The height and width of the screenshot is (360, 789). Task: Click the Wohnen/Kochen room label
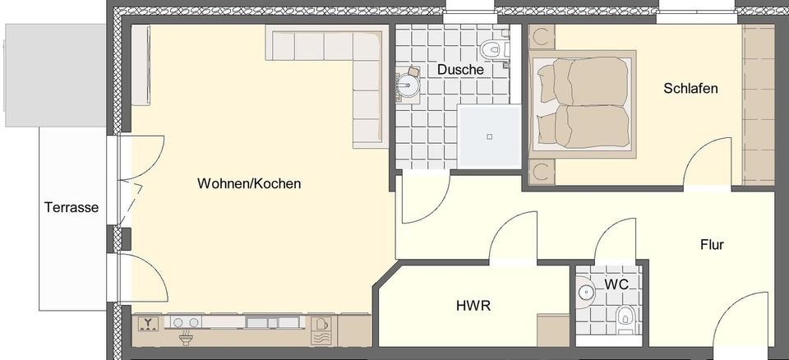pos(248,184)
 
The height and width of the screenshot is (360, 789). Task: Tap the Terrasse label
pos(72,208)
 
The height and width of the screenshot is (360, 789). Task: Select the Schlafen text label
pos(690,88)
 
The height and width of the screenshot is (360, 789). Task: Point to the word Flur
pos(712,244)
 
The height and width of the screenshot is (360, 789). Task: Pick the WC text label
pos(616,284)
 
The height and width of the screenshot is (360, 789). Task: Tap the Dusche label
pos(459,70)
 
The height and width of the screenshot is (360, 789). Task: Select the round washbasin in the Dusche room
pos(408,83)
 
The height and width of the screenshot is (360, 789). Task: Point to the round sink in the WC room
pos(586,291)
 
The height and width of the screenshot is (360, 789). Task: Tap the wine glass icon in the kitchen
pos(148,323)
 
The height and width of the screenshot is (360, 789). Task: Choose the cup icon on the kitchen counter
pos(323,323)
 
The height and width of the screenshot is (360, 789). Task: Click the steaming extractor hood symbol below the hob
pos(186,338)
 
